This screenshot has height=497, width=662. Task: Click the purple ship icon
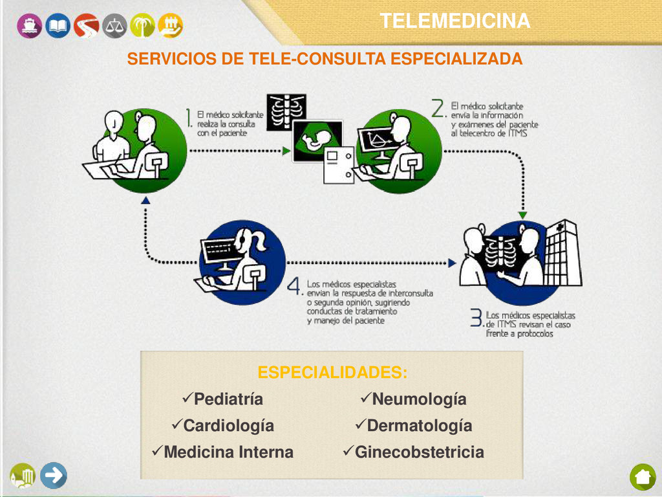pos(29,26)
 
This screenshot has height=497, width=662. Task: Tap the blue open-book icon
pos(58,26)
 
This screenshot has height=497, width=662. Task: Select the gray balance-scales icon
pos(115,26)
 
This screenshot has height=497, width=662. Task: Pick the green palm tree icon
pos(142,26)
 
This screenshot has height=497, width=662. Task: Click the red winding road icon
pos(86,26)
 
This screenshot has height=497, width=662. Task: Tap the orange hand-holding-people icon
pos(170,26)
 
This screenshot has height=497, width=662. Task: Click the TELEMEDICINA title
pos(454,21)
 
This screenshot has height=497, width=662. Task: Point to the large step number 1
pos(189,118)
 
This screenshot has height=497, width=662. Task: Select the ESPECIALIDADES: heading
pos(332,373)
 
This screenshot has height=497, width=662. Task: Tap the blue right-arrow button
pos(54,476)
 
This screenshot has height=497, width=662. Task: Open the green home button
pos(642,478)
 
